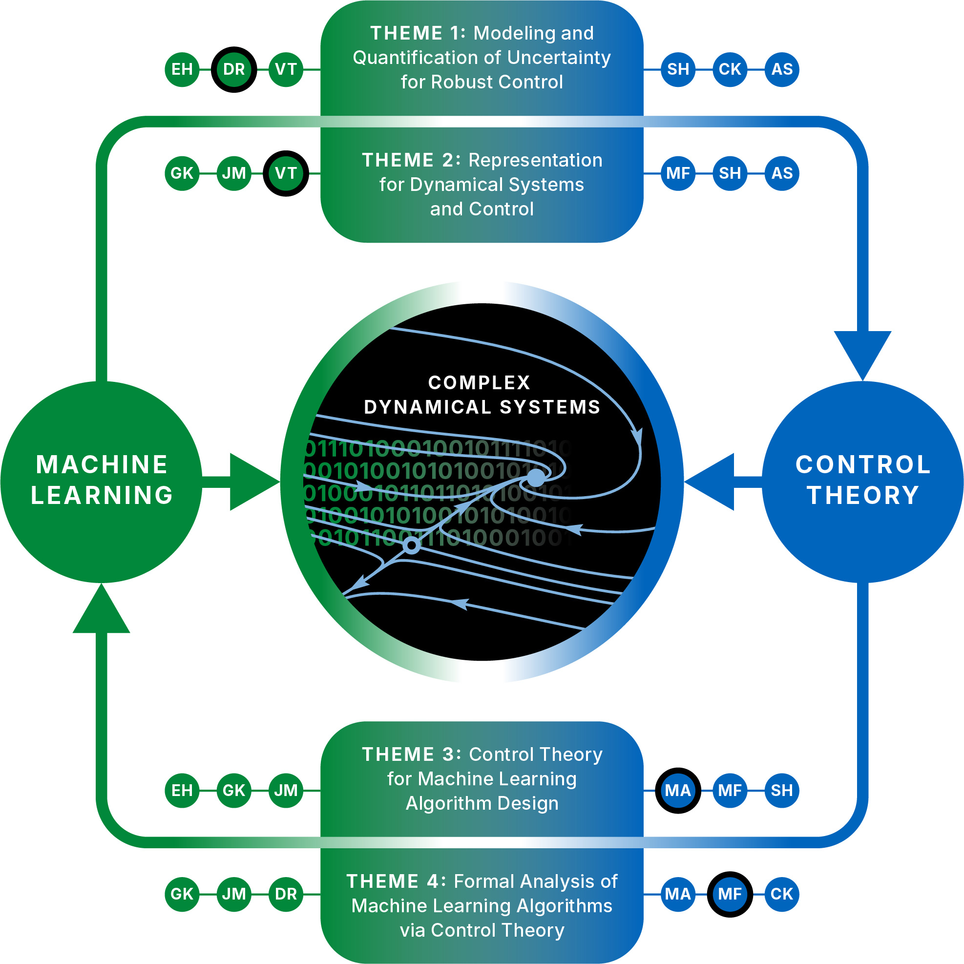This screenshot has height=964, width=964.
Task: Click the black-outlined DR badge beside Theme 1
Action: click(234, 69)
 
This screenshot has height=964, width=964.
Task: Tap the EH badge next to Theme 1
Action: click(182, 69)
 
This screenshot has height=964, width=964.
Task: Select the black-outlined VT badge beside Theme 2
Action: click(286, 173)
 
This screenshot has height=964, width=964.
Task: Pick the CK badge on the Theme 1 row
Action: click(730, 69)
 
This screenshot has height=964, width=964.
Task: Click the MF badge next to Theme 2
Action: click(678, 173)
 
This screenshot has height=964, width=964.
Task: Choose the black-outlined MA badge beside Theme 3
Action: click(678, 790)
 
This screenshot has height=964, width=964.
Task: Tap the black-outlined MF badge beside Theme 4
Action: click(730, 894)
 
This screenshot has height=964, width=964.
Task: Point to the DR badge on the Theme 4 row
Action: click(286, 894)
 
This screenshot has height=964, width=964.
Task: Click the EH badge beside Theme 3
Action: click(182, 790)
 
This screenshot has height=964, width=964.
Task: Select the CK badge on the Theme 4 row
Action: click(782, 894)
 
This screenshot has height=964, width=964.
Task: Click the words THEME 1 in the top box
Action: click(417, 33)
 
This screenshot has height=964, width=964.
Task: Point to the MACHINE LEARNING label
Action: click(102, 480)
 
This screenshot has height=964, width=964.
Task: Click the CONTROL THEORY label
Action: click(863, 480)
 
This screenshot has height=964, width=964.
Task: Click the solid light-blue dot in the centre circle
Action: click(536, 478)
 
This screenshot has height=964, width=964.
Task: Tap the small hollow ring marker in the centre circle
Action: click(412, 545)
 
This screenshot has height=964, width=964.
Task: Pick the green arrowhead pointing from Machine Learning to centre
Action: click(252, 482)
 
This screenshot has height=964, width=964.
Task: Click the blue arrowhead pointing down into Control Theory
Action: click(863, 352)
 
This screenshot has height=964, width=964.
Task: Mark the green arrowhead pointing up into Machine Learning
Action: click(101, 611)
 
